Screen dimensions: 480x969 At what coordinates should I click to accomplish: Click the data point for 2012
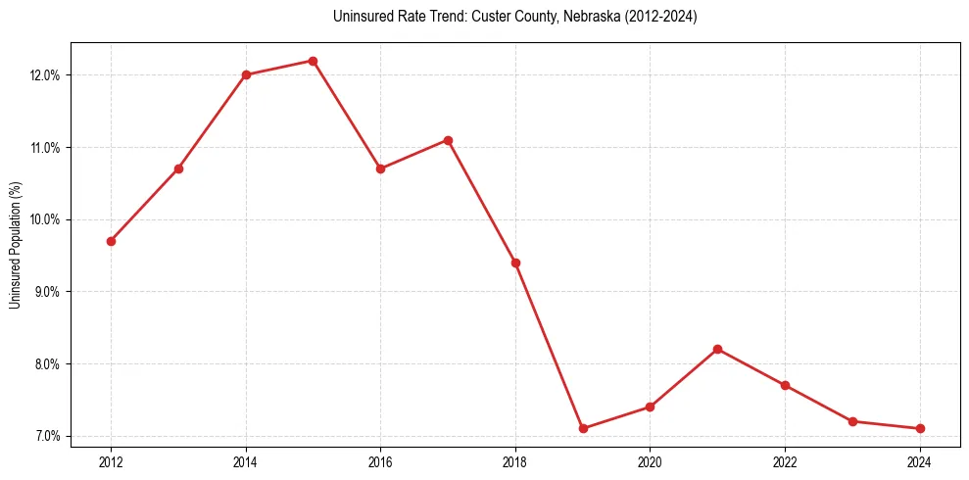(x=112, y=241)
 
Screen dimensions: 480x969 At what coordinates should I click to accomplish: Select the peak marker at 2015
(x=314, y=61)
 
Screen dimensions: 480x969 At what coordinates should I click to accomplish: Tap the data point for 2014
(x=246, y=74)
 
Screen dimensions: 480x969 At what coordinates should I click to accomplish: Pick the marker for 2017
(x=448, y=140)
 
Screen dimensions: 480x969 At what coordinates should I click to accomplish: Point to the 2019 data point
(x=583, y=428)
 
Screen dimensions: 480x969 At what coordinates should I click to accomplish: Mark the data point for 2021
(x=718, y=349)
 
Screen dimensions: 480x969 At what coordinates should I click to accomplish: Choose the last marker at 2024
(x=920, y=428)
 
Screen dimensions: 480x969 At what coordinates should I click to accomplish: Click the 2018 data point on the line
(x=515, y=263)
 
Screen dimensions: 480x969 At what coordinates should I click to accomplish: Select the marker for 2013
(x=178, y=168)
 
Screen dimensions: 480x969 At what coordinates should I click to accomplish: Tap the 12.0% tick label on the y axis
(x=45, y=75)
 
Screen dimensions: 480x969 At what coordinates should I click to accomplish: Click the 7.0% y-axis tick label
(x=47, y=436)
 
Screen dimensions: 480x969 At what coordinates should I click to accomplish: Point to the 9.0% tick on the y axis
(x=47, y=292)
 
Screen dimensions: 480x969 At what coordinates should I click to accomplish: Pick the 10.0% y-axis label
(x=45, y=219)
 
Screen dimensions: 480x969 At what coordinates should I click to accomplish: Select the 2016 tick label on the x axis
(x=380, y=461)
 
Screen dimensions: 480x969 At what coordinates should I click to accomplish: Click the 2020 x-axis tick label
(x=650, y=461)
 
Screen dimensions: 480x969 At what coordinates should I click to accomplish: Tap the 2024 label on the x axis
(x=920, y=461)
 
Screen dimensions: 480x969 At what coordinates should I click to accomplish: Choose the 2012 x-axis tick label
(x=112, y=461)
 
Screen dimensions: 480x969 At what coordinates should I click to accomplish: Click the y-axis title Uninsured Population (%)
(x=15, y=245)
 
